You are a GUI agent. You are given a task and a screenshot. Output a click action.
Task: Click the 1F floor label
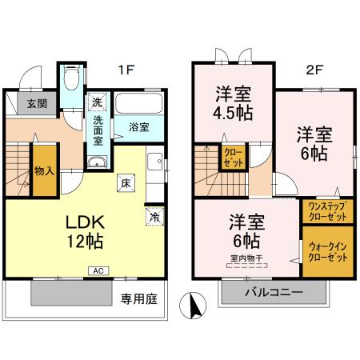coord(126,70)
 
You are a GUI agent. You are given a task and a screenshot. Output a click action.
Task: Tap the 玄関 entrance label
coord(36,103)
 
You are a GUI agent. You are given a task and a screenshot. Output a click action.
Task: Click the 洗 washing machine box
coord(97,102)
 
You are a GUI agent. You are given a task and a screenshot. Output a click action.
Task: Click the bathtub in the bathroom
coord(139,104)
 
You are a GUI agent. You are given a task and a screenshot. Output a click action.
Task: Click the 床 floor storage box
coord(126,182)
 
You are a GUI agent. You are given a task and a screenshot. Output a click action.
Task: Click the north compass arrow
coord(190,306)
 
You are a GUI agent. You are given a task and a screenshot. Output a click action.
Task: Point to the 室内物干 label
coord(246,257)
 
